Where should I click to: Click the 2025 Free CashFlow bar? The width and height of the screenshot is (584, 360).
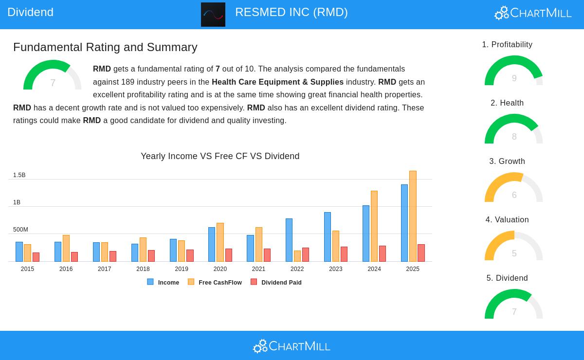point(413,216)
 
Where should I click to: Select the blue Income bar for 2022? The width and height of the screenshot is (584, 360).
point(289,240)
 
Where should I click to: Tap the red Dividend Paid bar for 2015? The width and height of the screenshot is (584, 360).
point(36,257)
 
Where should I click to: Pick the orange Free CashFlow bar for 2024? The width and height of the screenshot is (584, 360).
point(374,226)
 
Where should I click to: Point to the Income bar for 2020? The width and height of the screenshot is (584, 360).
point(212,244)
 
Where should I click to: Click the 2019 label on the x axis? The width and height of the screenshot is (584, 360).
point(182,269)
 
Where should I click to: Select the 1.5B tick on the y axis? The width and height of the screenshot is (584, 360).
point(19,175)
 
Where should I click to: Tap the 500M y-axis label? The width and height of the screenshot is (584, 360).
point(20,230)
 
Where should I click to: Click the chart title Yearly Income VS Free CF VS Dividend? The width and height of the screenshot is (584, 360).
point(220,156)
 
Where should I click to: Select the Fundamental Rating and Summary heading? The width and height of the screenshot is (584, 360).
point(105,47)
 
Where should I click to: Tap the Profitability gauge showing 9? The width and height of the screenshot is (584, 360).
point(514,72)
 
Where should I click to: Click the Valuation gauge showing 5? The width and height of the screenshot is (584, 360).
point(514,247)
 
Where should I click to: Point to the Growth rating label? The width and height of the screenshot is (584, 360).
point(507,162)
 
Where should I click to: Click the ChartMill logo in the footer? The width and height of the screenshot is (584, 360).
point(292,346)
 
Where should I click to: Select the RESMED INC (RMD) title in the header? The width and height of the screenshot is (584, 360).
point(292,12)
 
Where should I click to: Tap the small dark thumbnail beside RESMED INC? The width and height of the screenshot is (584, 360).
point(213,15)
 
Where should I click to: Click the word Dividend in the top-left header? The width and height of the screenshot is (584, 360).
point(31,12)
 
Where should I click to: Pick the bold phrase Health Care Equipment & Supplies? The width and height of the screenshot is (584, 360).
point(277,82)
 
